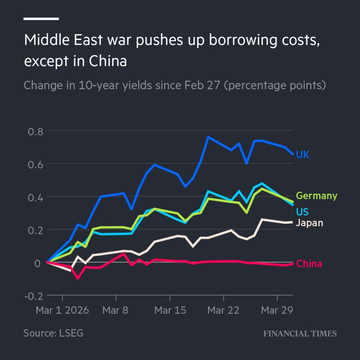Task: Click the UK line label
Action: point(302,155)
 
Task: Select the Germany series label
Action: point(316,196)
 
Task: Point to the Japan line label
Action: point(310,223)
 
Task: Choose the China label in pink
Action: point(309,264)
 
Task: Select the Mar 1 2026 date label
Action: point(62,311)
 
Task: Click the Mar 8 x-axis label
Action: point(116,311)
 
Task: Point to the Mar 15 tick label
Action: point(170,311)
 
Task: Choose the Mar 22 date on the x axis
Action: point(224,311)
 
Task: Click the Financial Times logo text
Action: point(300,333)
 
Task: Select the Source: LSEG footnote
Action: point(53,333)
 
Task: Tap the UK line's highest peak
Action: point(208,137)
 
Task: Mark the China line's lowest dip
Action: point(78,278)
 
